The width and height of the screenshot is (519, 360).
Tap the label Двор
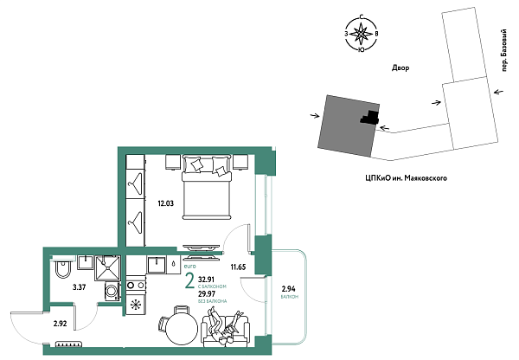(399, 67)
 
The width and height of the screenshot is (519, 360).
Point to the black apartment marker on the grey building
(369, 117)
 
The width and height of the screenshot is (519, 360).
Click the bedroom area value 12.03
(165, 204)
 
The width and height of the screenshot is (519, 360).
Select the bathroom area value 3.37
(79, 286)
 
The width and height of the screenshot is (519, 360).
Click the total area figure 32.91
(208, 280)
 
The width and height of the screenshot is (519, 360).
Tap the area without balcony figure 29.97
(208, 294)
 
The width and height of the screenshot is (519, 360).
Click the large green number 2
(189, 280)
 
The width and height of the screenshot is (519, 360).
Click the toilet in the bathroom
(61, 272)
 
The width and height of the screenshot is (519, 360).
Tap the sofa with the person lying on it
(227, 330)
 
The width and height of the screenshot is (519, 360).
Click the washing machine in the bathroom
(110, 292)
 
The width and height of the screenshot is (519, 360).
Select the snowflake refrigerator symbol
(135, 305)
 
